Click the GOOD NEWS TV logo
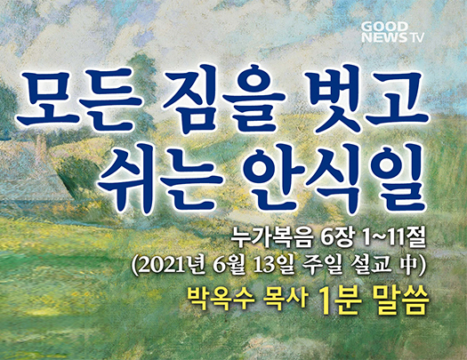click(392, 32)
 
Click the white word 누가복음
click(273, 238)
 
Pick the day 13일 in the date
click(272, 266)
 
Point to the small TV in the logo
click(416, 38)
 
